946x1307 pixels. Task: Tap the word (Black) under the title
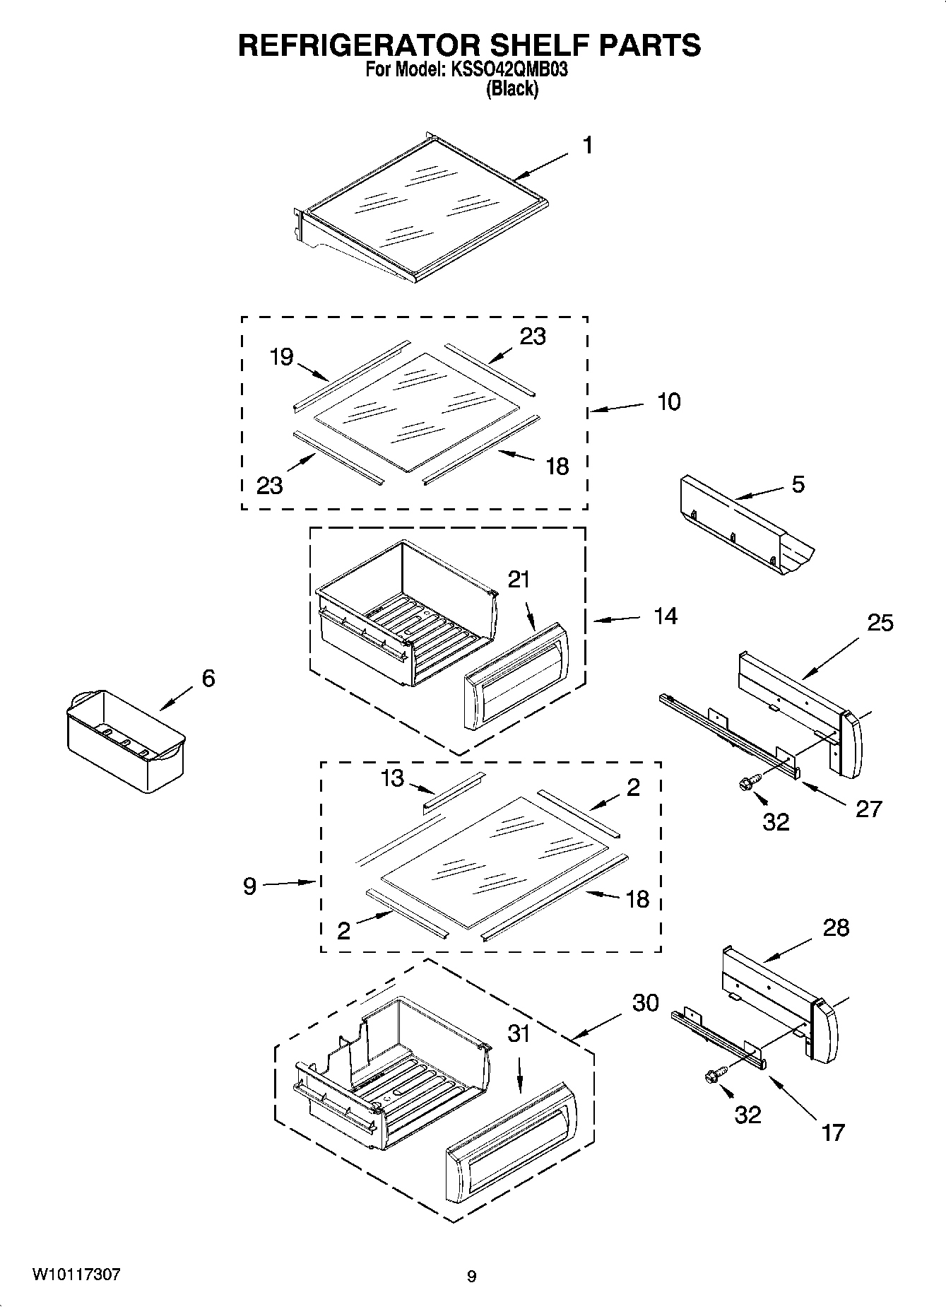point(512,90)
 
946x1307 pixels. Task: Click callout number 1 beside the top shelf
point(587,146)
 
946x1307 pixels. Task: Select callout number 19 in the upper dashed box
point(281,357)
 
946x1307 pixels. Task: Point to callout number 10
point(668,402)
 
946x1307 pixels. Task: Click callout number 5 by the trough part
point(798,485)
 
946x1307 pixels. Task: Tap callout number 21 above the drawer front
point(519,580)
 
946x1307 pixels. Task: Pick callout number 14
point(665,616)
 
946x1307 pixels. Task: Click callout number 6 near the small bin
point(208,679)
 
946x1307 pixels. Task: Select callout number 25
point(880,623)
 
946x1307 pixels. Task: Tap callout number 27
point(868,809)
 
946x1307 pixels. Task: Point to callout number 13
point(392,778)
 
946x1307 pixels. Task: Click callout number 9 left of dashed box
point(249,886)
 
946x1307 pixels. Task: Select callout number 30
point(645,1002)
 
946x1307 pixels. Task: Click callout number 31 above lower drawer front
point(519,1034)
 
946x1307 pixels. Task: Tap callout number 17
point(833,1132)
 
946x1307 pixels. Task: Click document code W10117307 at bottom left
point(76,1274)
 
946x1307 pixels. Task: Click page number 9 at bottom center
point(471,1277)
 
